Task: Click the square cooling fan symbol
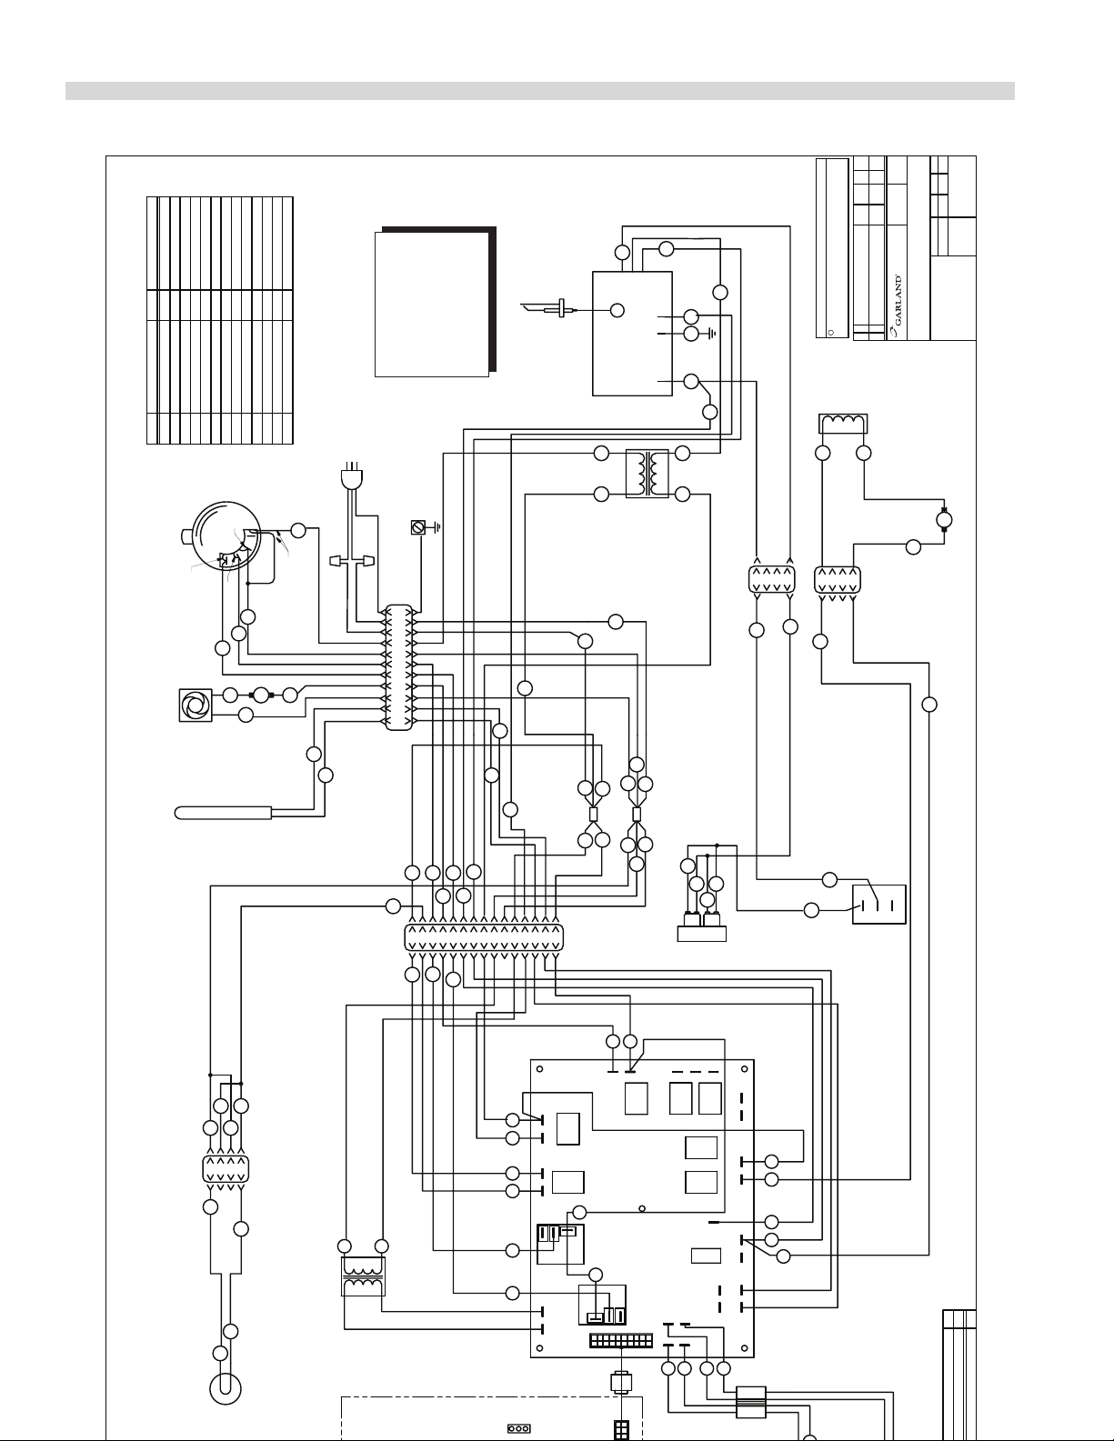click(196, 705)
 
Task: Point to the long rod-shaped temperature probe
click(223, 813)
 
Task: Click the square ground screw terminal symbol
click(417, 528)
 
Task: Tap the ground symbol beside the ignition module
click(711, 332)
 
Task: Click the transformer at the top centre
click(647, 474)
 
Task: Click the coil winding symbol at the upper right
click(843, 424)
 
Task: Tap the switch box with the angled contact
click(878, 905)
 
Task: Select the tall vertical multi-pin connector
click(399, 668)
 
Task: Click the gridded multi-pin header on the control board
click(620, 1341)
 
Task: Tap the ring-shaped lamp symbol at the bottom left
click(226, 1388)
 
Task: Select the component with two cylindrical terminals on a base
click(701, 926)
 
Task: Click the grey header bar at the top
click(540, 91)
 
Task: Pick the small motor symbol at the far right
click(944, 520)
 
